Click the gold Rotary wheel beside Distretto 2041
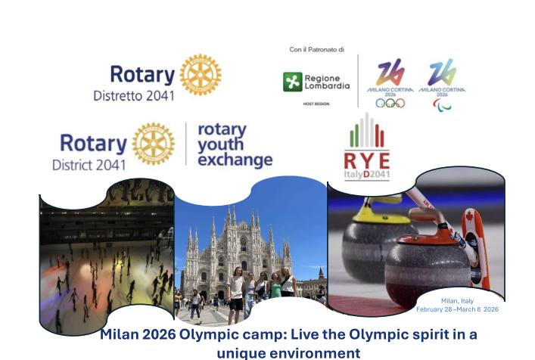pyautogui.click(x=201, y=74)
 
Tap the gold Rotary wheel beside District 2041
pyautogui.click(x=154, y=143)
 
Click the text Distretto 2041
pyautogui.click(x=133, y=96)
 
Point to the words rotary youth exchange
pyautogui.click(x=234, y=144)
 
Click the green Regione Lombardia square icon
pyautogui.click(x=292, y=82)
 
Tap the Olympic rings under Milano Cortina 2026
pyautogui.click(x=390, y=103)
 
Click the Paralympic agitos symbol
pyautogui.click(x=442, y=104)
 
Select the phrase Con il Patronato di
pyautogui.click(x=316, y=49)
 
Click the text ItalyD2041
pyautogui.click(x=367, y=175)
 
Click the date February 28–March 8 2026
pyautogui.click(x=457, y=309)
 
